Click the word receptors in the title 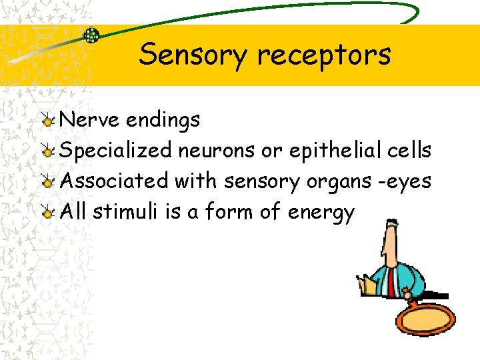(325, 55)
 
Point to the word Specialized (116, 151)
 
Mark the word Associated (114, 181)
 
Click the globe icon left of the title (91, 35)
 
